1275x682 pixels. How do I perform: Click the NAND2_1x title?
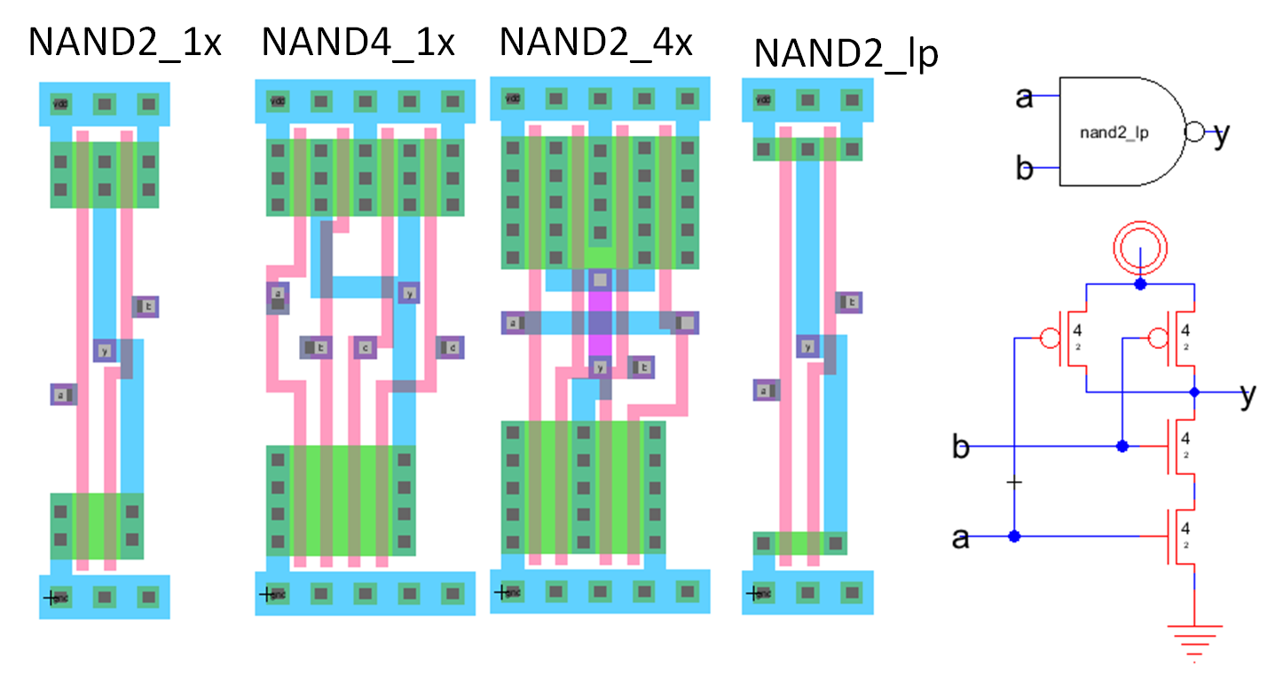[x=124, y=42]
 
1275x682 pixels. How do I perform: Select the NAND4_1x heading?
[x=358, y=42]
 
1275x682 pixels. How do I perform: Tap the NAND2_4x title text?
[x=595, y=42]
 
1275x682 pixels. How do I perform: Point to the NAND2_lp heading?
[x=846, y=53]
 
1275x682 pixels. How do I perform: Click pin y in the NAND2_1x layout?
[x=105, y=351]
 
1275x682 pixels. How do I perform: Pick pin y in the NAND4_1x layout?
[x=409, y=292]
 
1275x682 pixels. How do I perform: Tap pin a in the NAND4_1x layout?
[x=278, y=294]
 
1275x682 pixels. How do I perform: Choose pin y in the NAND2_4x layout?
[x=601, y=367]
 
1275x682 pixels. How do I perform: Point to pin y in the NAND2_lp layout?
[x=807, y=346]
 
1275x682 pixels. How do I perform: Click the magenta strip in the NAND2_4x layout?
[x=601, y=324]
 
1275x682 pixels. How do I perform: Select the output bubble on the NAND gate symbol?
[x=1194, y=133]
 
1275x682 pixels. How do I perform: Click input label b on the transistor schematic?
[x=960, y=447]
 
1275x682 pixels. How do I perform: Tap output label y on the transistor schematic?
[x=1247, y=395]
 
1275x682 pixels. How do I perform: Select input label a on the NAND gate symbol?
[x=1025, y=97]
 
